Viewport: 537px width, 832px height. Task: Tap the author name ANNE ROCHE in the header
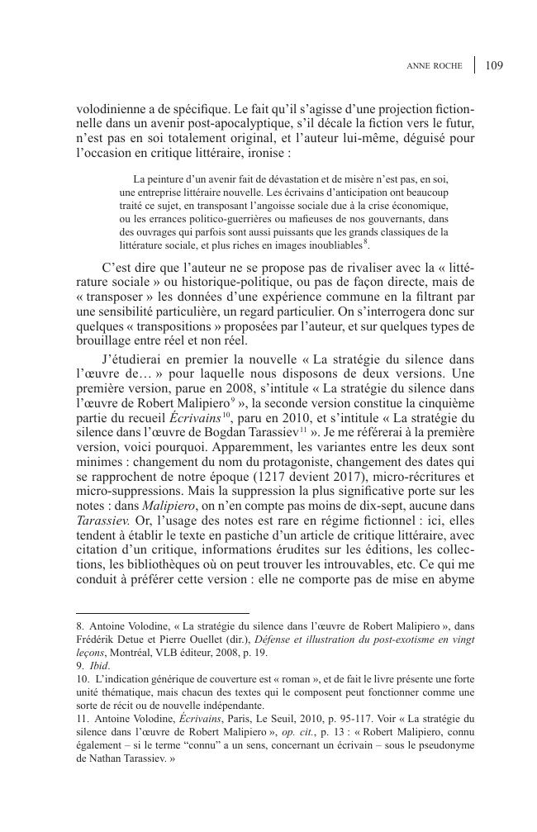coord(436,66)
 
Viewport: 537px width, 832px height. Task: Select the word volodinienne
coord(111,108)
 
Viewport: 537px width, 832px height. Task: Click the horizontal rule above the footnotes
coord(162,614)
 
